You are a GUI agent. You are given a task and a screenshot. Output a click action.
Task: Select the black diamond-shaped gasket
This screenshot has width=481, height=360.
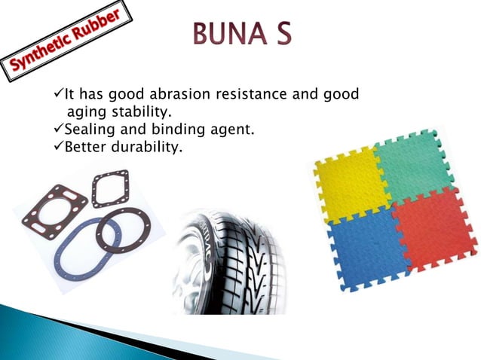pos(110,188)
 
